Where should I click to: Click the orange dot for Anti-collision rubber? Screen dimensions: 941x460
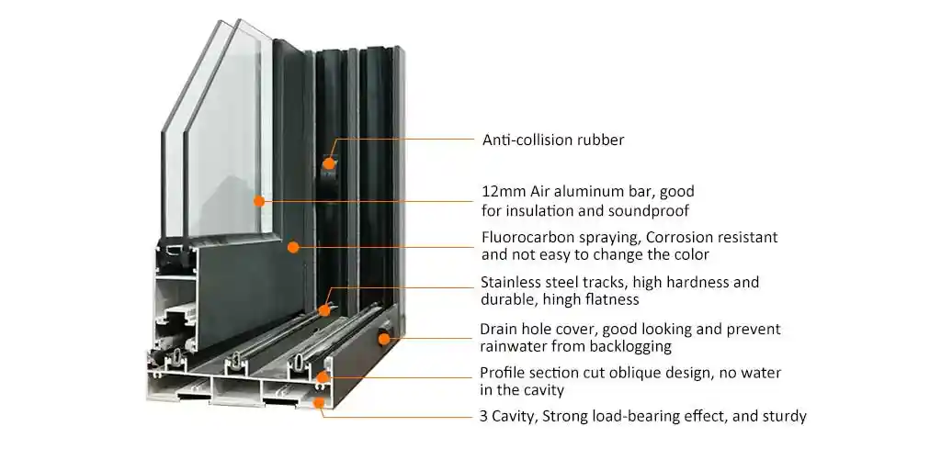328,163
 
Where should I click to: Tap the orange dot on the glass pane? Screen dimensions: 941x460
258,201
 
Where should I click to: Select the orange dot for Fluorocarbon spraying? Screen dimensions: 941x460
293,246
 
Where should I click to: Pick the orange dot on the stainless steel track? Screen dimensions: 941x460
324,310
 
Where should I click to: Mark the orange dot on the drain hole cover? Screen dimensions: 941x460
383,339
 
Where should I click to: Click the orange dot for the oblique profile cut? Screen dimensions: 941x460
323,377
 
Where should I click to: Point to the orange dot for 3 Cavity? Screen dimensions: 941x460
319,403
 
